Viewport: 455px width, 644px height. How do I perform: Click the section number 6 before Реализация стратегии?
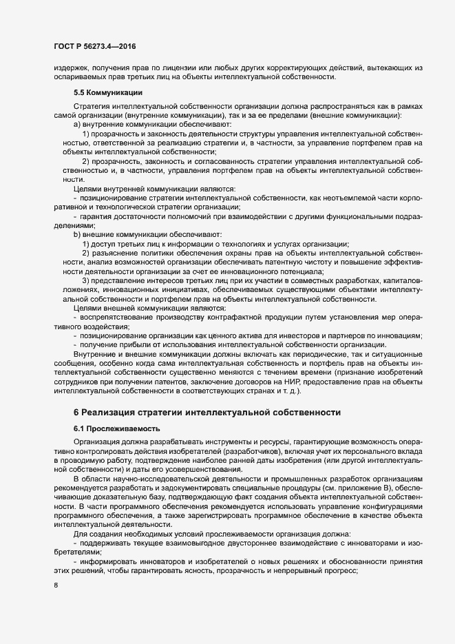pyautogui.click(x=76, y=411)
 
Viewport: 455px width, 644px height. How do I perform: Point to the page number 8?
pyautogui.click(x=56, y=586)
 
